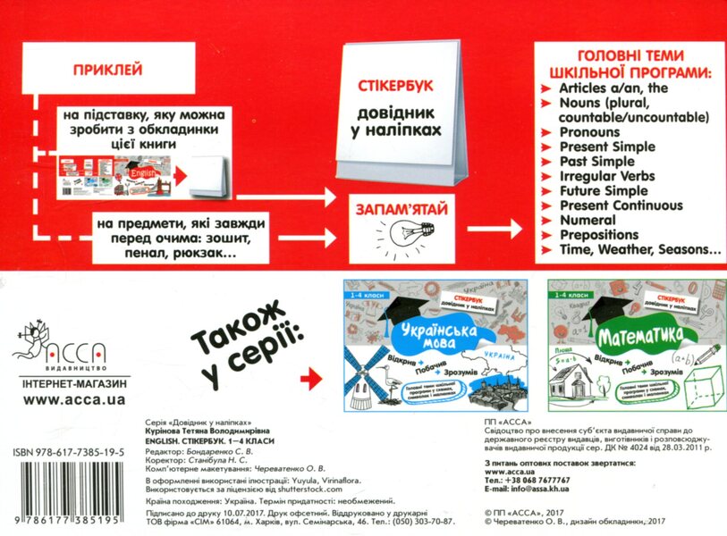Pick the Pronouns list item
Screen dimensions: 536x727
(589, 132)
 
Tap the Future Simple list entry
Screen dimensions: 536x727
(604, 190)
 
